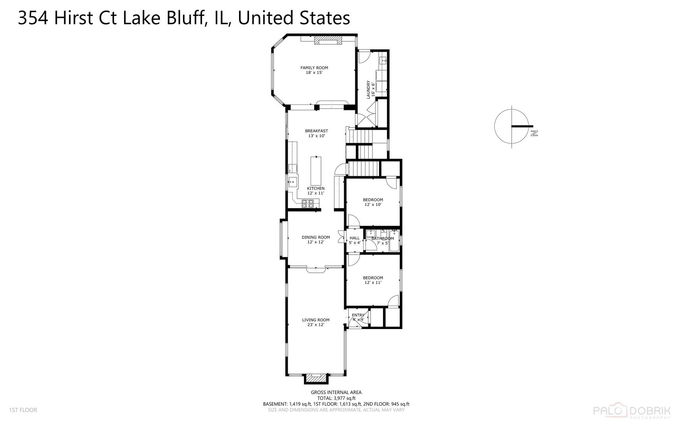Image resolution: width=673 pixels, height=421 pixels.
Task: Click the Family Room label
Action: tap(314, 68)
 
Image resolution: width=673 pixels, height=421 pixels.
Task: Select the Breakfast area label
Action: tap(316, 131)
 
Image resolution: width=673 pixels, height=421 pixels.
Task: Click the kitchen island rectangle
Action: tap(316, 171)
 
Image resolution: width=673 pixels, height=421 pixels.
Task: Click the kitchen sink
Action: tap(292, 182)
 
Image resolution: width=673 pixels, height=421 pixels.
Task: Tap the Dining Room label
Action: tap(316, 237)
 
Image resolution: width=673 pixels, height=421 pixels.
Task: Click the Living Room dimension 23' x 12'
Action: tap(316, 325)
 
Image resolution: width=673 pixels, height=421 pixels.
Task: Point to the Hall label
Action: tap(355, 238)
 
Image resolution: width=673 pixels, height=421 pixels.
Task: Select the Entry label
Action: tap(358, 315)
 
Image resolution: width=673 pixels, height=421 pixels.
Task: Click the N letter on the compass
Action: tap(534, 133)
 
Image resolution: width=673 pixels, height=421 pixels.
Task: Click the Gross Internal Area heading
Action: tap(336, 393)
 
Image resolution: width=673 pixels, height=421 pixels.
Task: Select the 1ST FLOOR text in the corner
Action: tap(23, 410)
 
